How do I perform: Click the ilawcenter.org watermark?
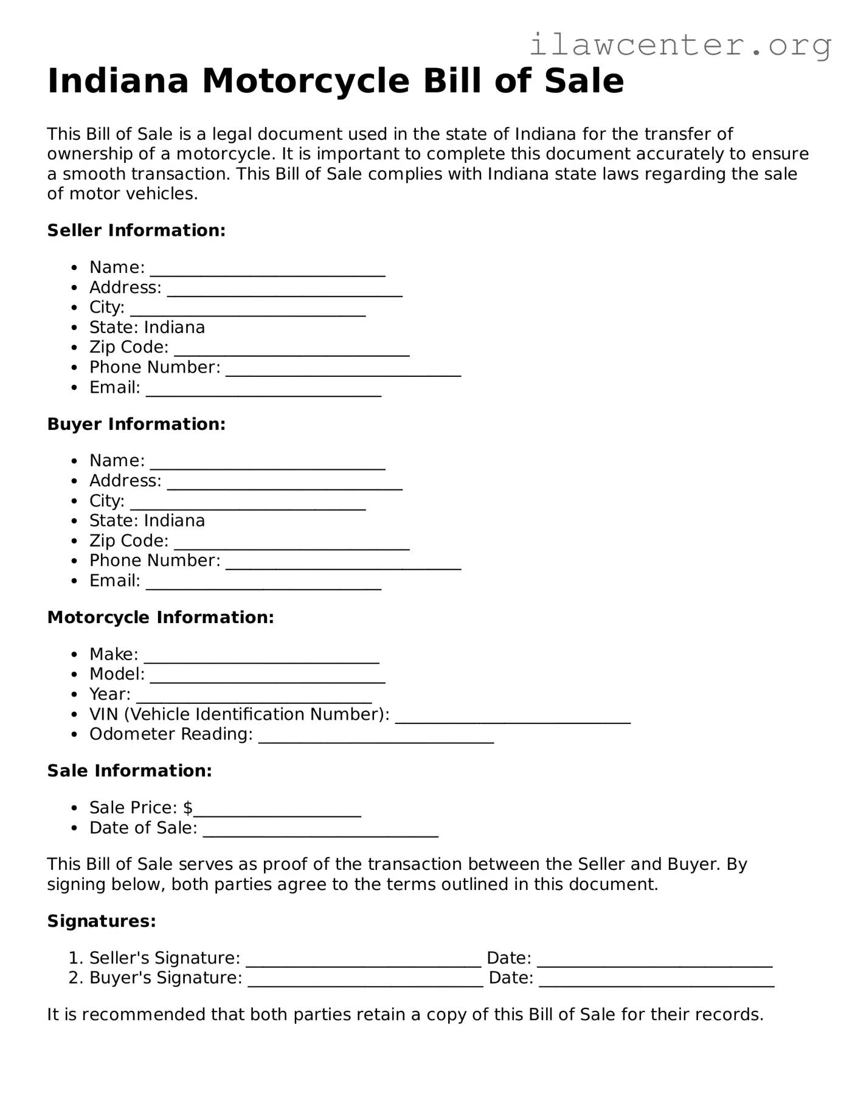pyautogui.click(x=680, y=44)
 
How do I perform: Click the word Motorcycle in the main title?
pyautogui.click(x=305, y=81)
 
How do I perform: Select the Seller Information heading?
pyautogui.click(x=136, y=230)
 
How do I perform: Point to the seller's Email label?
pyautogui.click(x=114, y=387)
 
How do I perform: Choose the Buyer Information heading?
pyautogui.click(x=136, y=424)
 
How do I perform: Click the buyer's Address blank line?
pyautogui.click(x=285, y=486)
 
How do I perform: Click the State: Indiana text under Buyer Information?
pyautogui.click(x=147, y=520)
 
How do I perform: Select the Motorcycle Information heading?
pyautogui.click(x=161, y=617)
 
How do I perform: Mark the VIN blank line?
pyautogui.click(x=513, y=719)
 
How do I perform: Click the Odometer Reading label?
pyautogui.click(x=170, y=734)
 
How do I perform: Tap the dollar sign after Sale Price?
pyautogui.click(x=188, y=808)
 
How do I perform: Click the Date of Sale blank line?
pyautogui.click(x=320, y=833)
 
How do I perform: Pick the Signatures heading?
pyautogui.click(x=102, y=921)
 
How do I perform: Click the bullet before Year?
pyautogui.click(x=74, y=694)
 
